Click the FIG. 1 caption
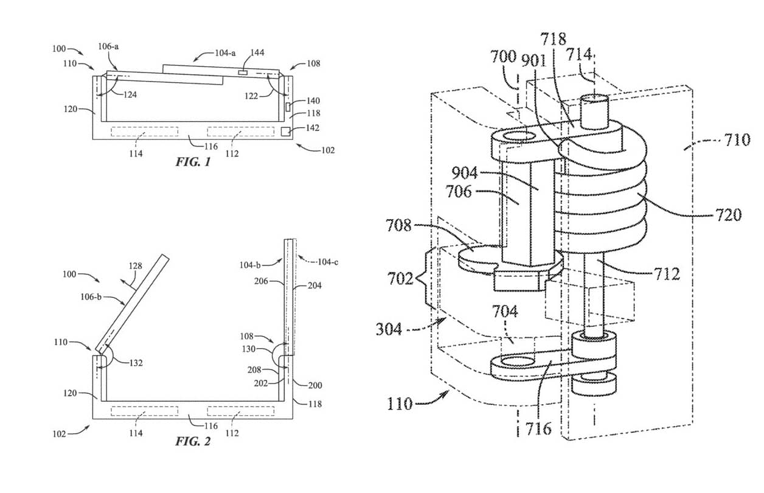[193, 162]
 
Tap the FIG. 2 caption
[193, 441]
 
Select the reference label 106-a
[108, 46]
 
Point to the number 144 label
[257, 52]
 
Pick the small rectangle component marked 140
[288, 107]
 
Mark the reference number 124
[130, 94]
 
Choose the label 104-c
[328, 262]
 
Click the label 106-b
[91, 297]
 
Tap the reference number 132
[136, 363]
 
